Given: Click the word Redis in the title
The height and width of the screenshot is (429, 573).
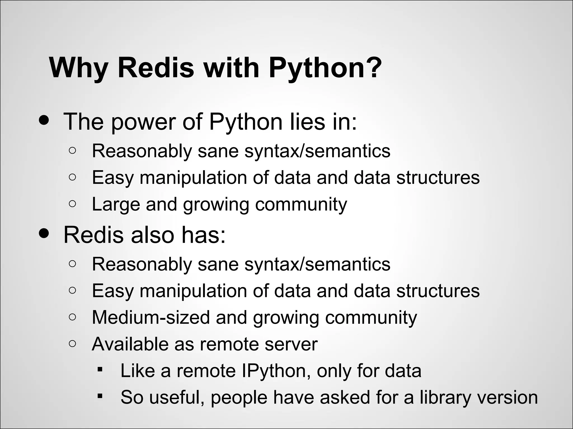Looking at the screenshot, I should tap(156, 68).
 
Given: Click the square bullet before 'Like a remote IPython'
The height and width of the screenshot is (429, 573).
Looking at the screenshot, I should tap(100, 369).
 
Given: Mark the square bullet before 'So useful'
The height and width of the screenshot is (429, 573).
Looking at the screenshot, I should tap(100, 396).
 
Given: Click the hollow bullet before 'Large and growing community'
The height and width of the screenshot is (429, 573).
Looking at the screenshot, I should tap(72, 204).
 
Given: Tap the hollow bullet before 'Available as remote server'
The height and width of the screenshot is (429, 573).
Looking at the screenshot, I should tap(72, 343).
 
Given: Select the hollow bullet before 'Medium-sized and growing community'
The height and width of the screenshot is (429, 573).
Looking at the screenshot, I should tap(72, 317).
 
